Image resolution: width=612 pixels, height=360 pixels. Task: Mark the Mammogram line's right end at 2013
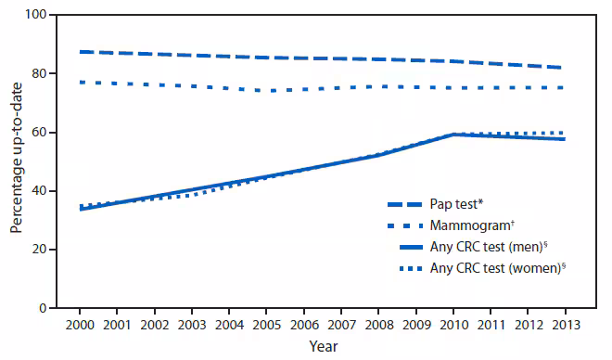click(564, 87)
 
